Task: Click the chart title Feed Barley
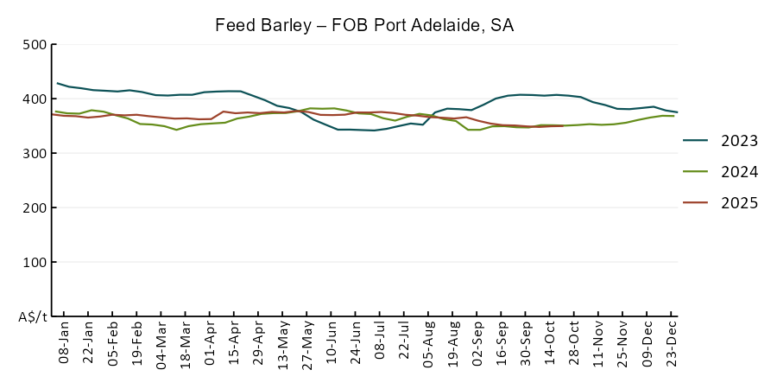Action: click(x=364, y=25)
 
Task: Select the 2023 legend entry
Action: click(x=739, y=141)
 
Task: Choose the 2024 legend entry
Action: click(x=739, y=172)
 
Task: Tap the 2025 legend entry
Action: click(x=739, y=203)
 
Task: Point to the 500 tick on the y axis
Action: click(x=34, y=45)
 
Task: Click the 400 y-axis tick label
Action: click(x=34, y=99)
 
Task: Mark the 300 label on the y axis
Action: click(x=34, y=154)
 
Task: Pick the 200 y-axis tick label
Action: click(x=34, y=208)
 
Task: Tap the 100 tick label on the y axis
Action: click(x=34, y=263)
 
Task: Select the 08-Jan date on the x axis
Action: click(x=64, y=343)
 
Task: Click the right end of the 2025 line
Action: click(x=563, y=126)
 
